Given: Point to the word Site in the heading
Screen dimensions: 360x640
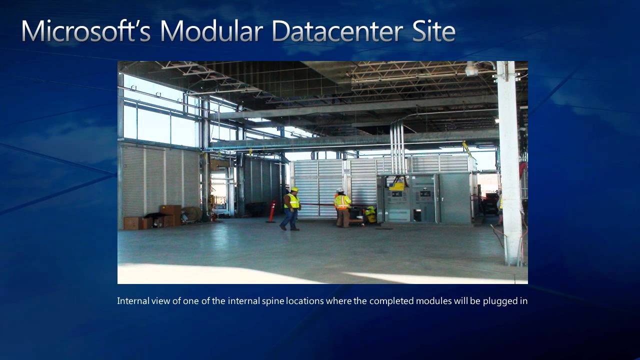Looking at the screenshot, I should tap(433, 31).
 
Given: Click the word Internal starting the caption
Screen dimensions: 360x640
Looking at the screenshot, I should tap(133, 301).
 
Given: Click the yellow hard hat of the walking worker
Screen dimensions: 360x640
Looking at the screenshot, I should tap(295, 189).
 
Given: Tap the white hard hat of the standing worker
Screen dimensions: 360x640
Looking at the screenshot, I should tap(340, 190).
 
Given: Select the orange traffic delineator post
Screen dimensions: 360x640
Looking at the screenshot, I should tap(271, 211).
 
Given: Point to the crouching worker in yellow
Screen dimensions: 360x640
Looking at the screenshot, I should tap(370, 214).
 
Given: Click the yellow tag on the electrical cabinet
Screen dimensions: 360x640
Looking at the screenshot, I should tap(397, 186).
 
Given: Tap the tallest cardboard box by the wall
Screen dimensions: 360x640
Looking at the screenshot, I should tap(171, 215).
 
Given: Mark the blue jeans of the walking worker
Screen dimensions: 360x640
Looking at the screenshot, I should tap(289, 219).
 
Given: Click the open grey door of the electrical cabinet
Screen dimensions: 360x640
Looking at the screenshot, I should tap(454, 198).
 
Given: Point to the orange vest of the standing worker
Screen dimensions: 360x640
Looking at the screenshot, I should tap(342, 202).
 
